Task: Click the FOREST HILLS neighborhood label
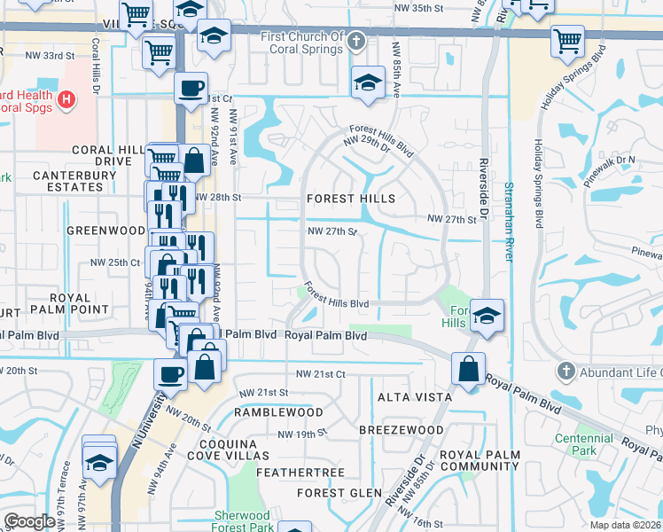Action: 350,199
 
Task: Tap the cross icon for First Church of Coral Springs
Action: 356,41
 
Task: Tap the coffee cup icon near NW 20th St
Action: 170,374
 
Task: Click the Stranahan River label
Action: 509,222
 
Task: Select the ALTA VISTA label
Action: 415,397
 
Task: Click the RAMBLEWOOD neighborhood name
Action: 278,412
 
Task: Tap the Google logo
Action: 29,520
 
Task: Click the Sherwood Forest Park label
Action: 242,521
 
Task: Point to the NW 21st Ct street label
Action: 320,374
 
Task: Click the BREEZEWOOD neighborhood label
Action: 402,430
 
